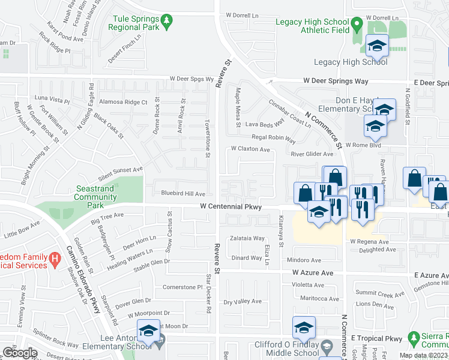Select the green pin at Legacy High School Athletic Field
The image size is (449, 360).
357,26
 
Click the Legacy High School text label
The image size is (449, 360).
351,62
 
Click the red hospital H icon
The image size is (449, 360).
55,260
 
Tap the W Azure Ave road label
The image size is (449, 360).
313,272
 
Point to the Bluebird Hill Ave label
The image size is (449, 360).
183,194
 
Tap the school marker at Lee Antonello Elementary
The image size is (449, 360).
148,331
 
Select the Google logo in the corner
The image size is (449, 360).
20,353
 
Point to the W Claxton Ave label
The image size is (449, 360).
250,149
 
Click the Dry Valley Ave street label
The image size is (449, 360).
243,301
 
